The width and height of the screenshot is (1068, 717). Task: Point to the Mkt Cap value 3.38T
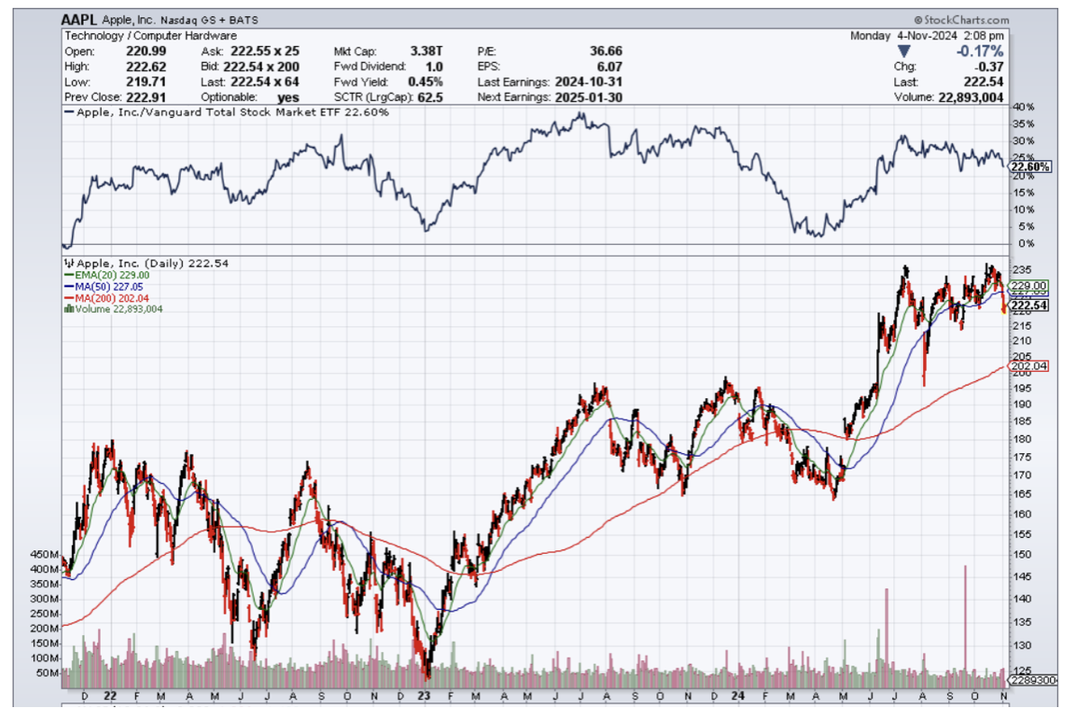tap(427, 50)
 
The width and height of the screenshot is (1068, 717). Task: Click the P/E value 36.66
tap(605, 50)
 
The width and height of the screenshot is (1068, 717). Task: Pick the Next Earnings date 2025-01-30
tap(586, 96)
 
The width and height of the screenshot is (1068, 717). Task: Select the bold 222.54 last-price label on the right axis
tap(1028, 306)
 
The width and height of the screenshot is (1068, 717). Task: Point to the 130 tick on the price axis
tap(1021, 645)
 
